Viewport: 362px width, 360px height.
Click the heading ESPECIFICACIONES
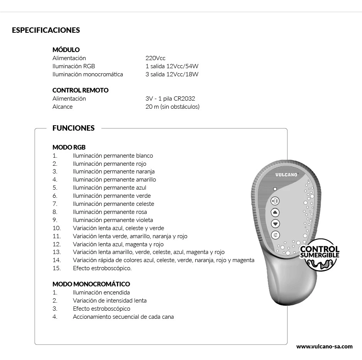pos(46,30)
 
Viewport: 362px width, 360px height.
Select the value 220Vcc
pos(155,58)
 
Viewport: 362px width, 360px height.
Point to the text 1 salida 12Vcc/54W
pos(172,66)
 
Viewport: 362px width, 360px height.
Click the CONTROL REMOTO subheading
pos(80,90)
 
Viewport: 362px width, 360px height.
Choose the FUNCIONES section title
pos(73,128)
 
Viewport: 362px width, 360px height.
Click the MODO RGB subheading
pos(69,147)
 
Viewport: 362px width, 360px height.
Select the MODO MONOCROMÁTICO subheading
pos(91,284)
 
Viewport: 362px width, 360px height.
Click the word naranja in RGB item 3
pos(145,172)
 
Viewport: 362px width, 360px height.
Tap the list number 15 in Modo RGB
pos(57,268)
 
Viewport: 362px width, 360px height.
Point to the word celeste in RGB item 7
pos(145,204)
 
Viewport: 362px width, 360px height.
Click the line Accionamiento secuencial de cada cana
pos(123,317)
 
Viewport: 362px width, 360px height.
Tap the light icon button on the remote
pos(275,200)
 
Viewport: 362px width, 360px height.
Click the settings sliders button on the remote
pos(275,235)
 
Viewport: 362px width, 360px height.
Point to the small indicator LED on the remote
pos(275,189)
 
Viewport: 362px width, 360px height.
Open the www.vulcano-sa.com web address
pos(324,347)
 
